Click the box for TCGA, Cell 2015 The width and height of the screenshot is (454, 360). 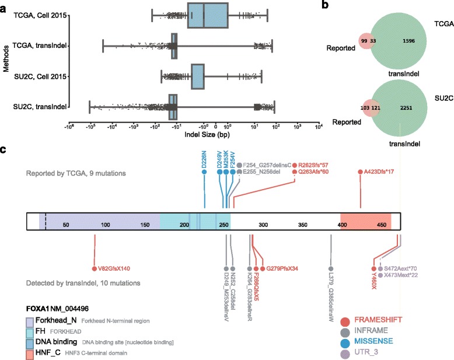click(208, 15)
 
